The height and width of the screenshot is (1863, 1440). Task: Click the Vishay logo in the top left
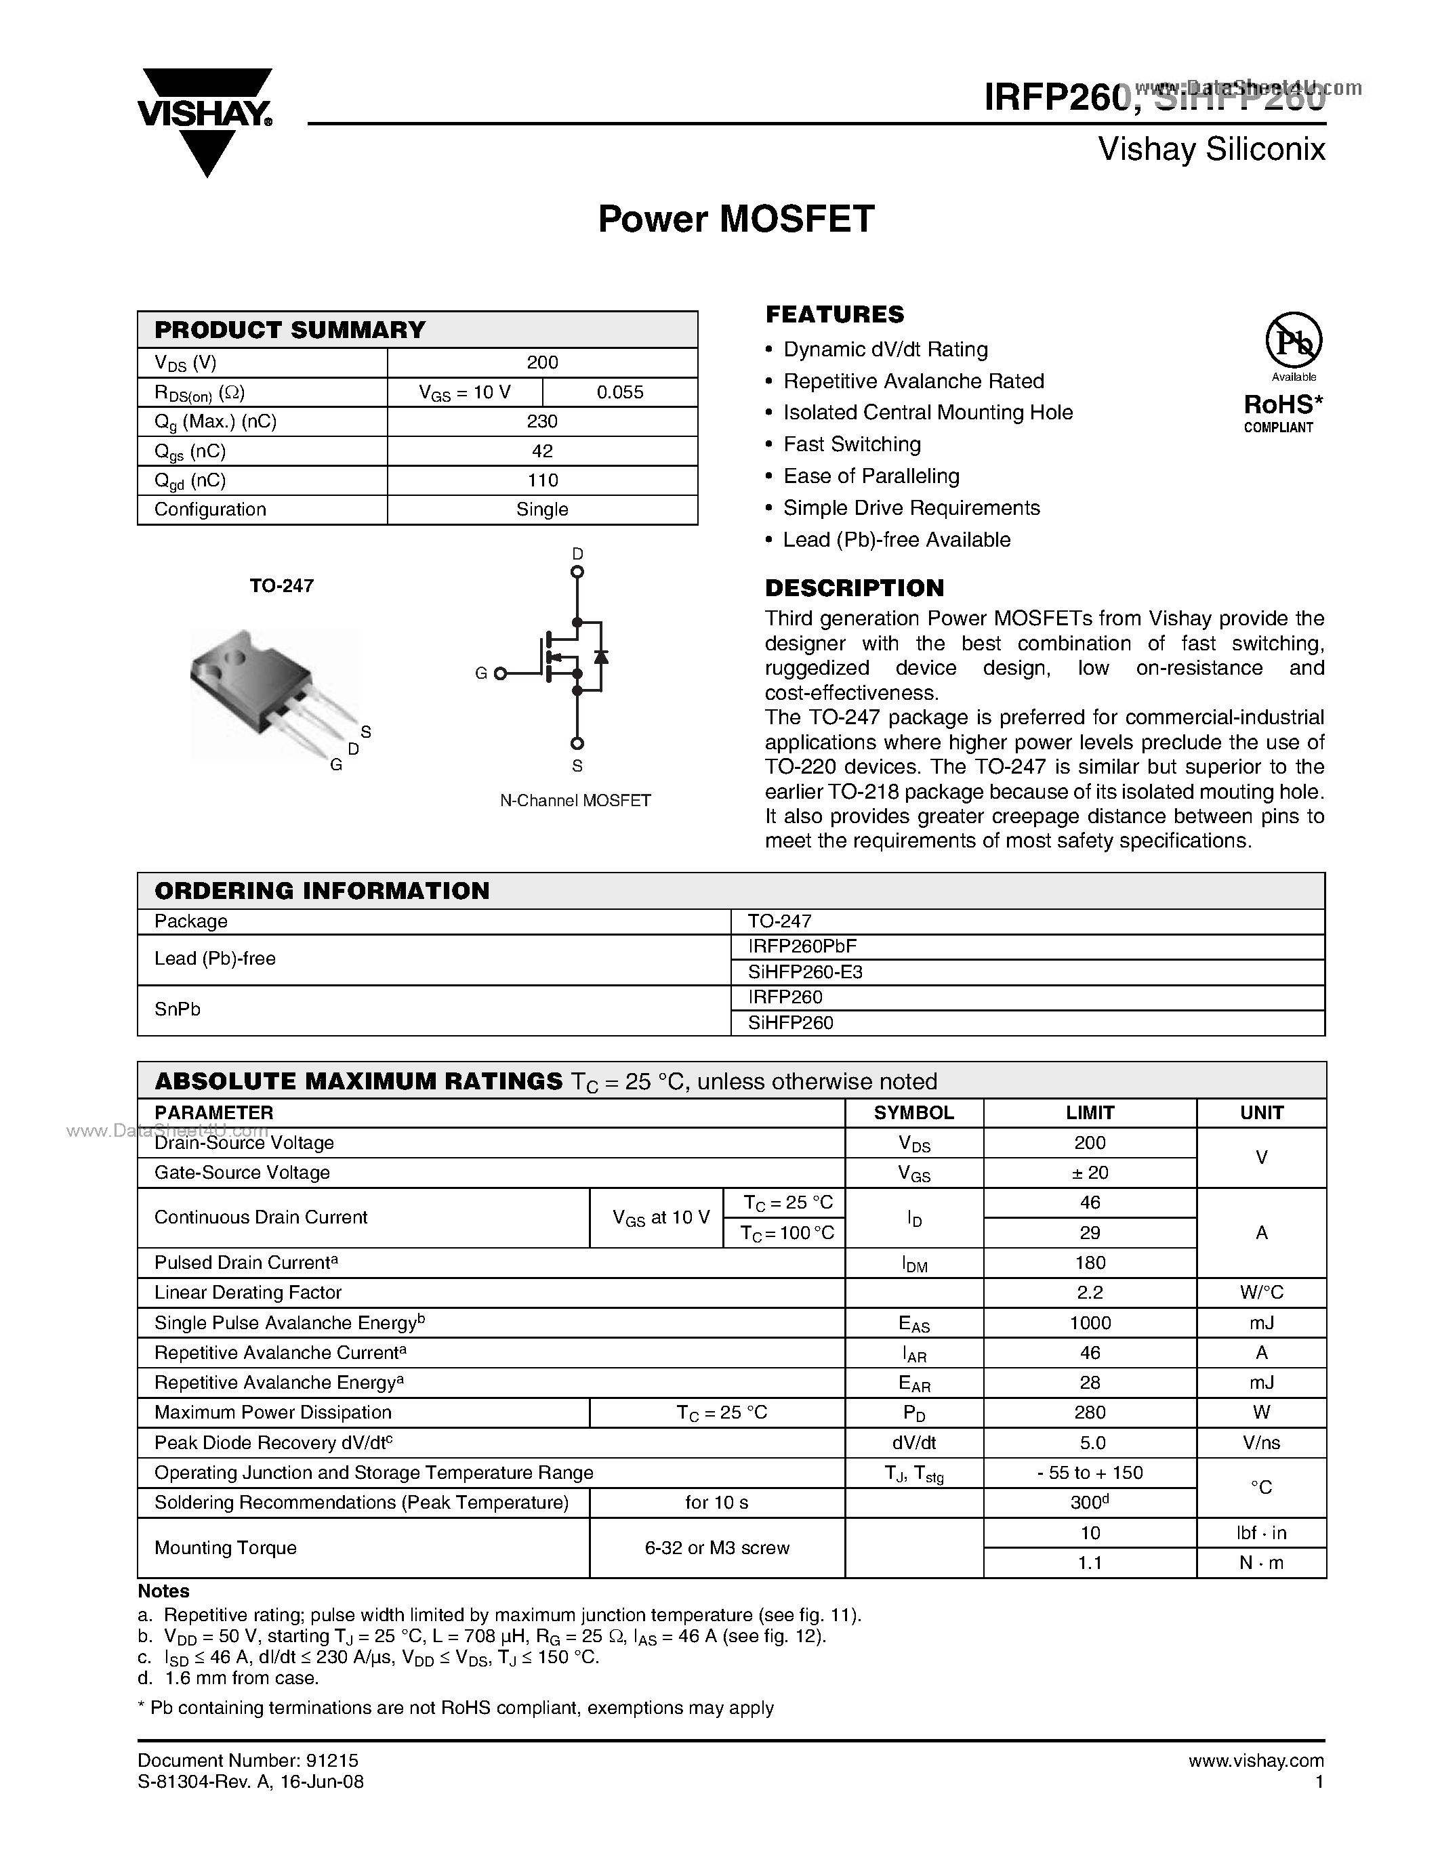[x=205, y=119]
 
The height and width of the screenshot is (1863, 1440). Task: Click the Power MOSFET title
[x=735, y=219]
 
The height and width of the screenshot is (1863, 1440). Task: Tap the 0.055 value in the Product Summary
[x=619, y=392]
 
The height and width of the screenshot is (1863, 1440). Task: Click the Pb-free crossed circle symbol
[x=1293, y=340]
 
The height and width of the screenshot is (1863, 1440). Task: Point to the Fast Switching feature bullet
[x=851, y=444]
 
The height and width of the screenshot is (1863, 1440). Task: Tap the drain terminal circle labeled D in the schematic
[x=577, y=572]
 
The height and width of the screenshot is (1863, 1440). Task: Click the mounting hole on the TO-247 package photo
[x=233, y=658]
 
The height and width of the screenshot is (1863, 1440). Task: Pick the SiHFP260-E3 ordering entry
[x=805, y=971]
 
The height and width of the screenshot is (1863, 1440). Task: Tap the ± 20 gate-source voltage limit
[x=1090, y=1172]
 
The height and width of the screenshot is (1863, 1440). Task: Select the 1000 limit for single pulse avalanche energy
[x=1090, y=1323]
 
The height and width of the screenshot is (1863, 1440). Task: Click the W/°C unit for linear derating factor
[x=1261, y=1293]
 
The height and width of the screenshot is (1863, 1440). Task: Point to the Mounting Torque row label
[x=225, y=1547]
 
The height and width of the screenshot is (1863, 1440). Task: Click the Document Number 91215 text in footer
[x=247, y=1760]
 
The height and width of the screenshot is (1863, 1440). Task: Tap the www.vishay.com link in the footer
[x=1256, y=1760]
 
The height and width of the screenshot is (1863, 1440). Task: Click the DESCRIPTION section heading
[x=854, y=588]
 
